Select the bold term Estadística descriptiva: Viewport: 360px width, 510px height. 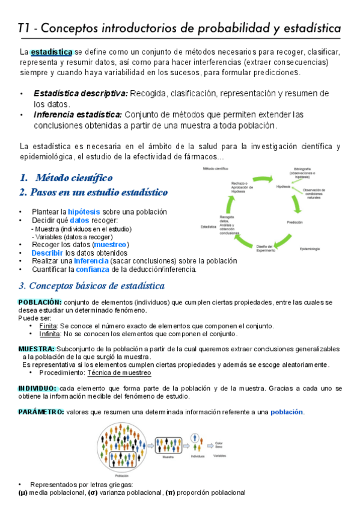tap(81, 93)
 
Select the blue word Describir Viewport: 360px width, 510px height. tap(47, 253)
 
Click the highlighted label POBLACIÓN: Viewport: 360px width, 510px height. tap(40, 301)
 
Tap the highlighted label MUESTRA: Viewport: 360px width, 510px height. tap(37, 349)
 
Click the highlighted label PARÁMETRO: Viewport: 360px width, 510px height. tap(41, 412)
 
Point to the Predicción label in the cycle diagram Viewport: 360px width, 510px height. tap(294, 223)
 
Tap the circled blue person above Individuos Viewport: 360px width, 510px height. tap(194, 437)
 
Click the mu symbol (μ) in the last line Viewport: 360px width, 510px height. tap(23, 493)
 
